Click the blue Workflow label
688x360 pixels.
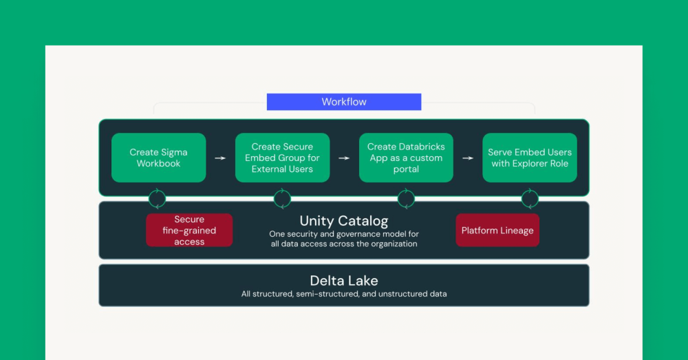tap(344, 102)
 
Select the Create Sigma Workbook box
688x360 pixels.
tap(158, 158)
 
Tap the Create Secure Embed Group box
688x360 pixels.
tap(282, 158)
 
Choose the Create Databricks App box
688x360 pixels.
tap(406, 158)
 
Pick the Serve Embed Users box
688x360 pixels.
tap(530, 158)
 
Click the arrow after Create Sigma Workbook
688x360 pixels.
tap(220, 158)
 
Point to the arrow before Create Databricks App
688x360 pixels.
tap(344, 158)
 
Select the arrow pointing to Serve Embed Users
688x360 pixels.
tap(468, 158)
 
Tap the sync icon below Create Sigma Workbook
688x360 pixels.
tap(158, 199)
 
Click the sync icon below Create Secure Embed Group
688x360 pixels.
tap(282, 199)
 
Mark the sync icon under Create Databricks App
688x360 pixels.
tap(406, 199)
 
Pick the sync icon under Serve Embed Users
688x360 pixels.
tap(530, 199)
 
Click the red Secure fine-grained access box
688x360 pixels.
tap(189, 230)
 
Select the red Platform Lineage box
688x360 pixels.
tap(497, 230)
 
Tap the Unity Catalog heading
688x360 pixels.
tap(344, 221)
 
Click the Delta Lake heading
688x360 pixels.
tap(344, 280)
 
